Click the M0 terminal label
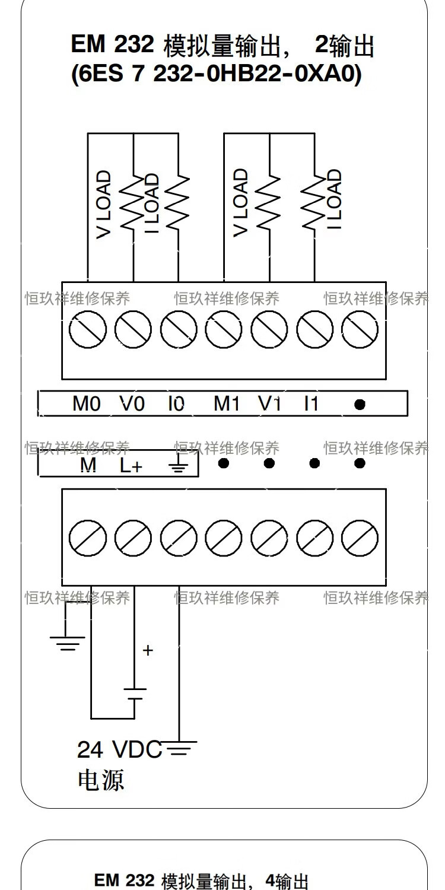click(87, 404)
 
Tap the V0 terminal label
click(132, 404)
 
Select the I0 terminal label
click(176, 404)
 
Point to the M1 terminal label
click(226, 404)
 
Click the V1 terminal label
click(269, 404)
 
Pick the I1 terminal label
click(311, 404)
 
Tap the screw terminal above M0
click(88, 328)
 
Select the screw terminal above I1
click(314, 328)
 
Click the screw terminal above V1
click(269, 328)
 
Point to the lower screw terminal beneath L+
click(133, 538)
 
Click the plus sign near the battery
click(148, 650)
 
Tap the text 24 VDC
click(119, 750)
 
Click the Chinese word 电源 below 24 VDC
click(101, 780)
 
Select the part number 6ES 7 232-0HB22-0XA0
click(216, 75)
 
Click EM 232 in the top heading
click(113, 44)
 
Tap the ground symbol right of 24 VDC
click(179, 749)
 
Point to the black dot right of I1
click(360, 405)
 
